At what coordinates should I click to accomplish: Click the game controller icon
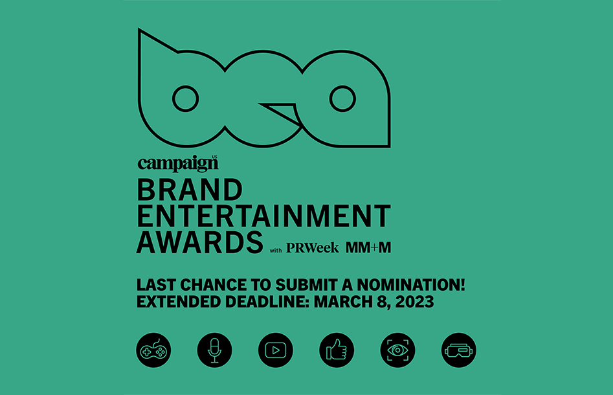click(153, 350)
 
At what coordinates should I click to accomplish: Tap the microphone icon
click(215, 350)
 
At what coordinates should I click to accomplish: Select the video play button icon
click(276, 350)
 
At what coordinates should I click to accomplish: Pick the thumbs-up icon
click(337, 350)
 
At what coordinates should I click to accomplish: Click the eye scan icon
click(397, 350)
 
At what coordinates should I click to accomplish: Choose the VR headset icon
click(458, 350)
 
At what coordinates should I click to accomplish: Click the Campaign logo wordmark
click(177, 163)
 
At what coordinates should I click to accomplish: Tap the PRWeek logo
click(313, 248)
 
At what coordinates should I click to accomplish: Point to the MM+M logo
click(368, 247)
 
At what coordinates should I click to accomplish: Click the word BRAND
click(190, 190)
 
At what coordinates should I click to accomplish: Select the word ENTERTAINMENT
click(264, 216)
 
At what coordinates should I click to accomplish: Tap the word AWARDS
click(200, 242)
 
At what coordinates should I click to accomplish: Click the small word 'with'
click(276, 251)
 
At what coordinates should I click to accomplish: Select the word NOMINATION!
click(411, 285)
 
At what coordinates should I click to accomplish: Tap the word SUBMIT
click(306, 285)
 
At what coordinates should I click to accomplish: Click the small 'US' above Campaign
click(214, 157)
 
